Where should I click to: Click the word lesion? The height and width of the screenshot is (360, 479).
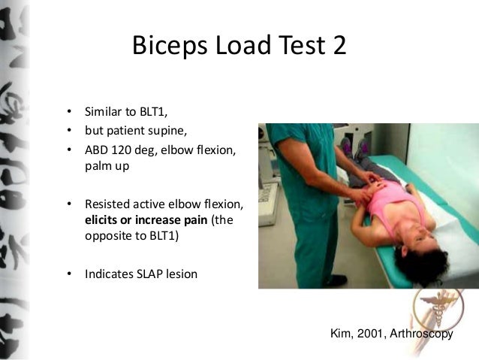tap(181, 274)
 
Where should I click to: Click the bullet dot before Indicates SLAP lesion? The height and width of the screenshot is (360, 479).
tap(69, 274)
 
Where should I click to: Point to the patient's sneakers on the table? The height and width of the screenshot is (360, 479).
tap(347, 145)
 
